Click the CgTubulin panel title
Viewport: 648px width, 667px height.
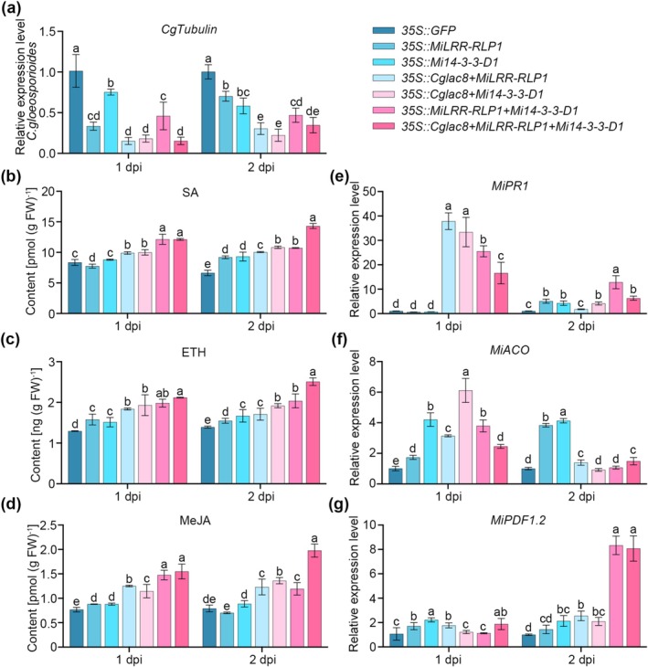click(189, 29)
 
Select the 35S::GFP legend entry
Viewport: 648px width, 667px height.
click(414, 30)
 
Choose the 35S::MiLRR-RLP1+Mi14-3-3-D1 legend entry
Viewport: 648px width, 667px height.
click(475, 111)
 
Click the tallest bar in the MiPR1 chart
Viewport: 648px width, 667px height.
click(449, 267)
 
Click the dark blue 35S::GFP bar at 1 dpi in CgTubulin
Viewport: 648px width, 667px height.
click(76, 111)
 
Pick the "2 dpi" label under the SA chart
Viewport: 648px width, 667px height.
click(260, 326)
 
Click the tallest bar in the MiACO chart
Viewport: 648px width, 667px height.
click(466, 437)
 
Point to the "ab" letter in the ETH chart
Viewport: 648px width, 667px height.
click(163, 393)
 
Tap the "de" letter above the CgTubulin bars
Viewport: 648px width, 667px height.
click(313, 111)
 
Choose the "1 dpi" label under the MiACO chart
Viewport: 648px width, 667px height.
click(448, 496)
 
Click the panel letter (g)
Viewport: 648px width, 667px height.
click(339, 505)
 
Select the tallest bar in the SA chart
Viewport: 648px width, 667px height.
click(313, 270)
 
